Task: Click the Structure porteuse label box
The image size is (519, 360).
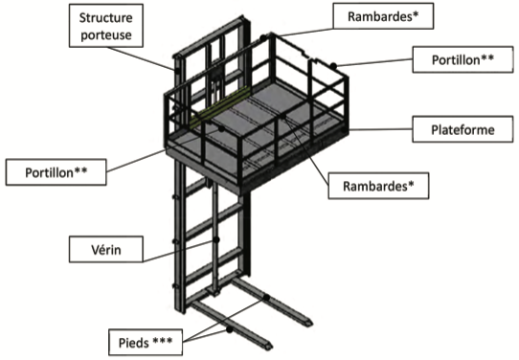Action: pyautogui.click(x=106, y=26)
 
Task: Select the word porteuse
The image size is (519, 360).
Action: pyautogui.click(x=106, y=34)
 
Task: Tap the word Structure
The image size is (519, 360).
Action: pyautogui.click(x=106, y=17)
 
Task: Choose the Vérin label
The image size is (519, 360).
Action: pyautogui.click(x=106, y=249)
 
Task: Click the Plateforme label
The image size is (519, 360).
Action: pyautogui.click(x=463, y=129)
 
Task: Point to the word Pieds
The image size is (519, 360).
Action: pyautogui.click(x=134, y=343)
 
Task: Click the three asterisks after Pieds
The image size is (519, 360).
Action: pyautogui.click(x=163, y=341)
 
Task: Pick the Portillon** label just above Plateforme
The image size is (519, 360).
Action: pyautogui.click(x=463, y=59)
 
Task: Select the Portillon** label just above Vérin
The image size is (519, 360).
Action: pyautogui.click(x=56, y=172)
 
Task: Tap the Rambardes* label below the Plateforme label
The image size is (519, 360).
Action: pyautogui.click(x=378, y=186)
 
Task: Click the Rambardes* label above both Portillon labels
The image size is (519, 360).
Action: pyautogui.click(x=383, y=16)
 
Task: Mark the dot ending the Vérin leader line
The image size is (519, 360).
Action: pyautogui.click(x=216, y=239)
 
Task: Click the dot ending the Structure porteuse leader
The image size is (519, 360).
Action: pyautogui.click(x=178, y=71)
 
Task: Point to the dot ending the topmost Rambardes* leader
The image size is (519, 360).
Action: pyautogui.click(x=263, y=38)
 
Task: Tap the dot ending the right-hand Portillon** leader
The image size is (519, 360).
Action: pyautogui.click(x=333, y=66)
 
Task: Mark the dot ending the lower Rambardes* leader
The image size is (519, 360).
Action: pyautogui.click(x=283, y=117)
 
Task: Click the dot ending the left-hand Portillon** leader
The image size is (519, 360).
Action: pyautogui.click(x=221, y=128)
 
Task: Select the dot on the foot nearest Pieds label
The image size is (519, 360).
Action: pyautogui.click(x=230, y=329)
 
